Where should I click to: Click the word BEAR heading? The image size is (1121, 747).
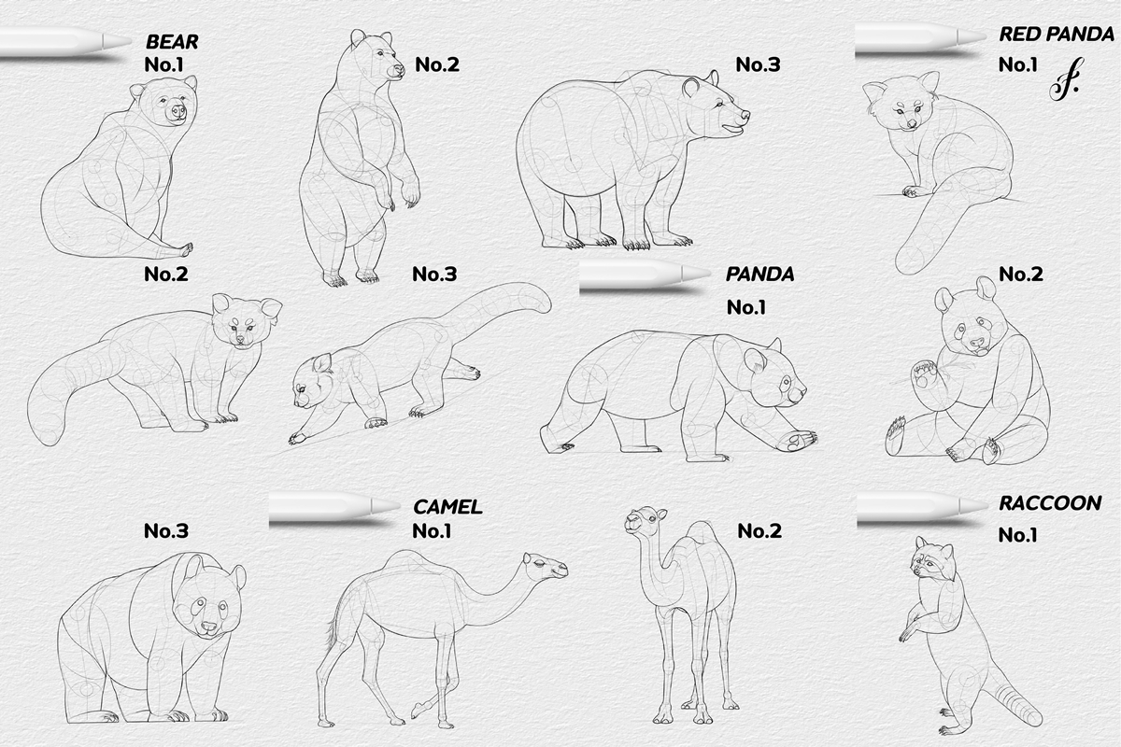(171, 41)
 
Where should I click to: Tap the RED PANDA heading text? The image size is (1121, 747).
(1057, 35)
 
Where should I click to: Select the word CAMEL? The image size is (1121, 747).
(447, 507)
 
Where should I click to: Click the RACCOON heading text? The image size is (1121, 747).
(1049, 503)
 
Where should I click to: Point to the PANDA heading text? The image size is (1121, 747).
(759, 275)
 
